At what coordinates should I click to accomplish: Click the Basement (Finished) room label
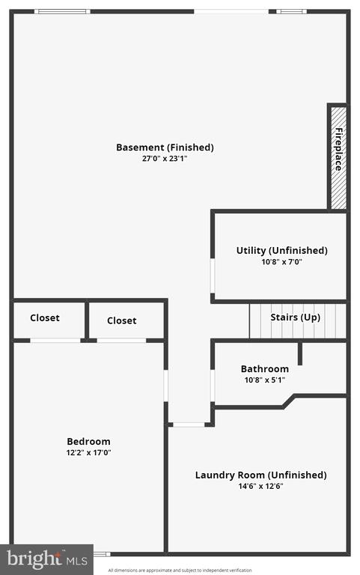pos(165,147)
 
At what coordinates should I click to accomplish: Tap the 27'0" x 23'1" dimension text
pos(165,159)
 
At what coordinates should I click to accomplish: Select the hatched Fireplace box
pos(339,158)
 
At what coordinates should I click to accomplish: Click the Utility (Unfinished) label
pos(282,251)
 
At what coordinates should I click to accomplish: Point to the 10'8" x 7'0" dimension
pos(282,262)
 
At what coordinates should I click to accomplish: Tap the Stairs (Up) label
pos(296,317)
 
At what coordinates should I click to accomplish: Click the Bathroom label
pos(265,368)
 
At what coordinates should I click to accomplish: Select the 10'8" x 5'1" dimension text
pos(265,380)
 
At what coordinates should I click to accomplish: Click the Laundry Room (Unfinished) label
pos(261,475)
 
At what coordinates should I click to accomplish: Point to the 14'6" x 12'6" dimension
pos(261,486)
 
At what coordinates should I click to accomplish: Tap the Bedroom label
pos(89,441)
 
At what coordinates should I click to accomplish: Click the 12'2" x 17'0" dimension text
pos(89,452)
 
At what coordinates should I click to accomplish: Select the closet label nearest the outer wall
pos(45,317)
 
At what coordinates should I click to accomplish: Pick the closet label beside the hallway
pos(122,320)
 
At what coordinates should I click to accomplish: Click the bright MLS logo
pos(47,559)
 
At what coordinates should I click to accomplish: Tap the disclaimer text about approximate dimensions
pos(180,571)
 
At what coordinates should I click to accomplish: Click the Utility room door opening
pos(213,276)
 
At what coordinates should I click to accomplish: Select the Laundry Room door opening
pos(189,425)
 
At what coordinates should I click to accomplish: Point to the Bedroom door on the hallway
pos(165,386)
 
